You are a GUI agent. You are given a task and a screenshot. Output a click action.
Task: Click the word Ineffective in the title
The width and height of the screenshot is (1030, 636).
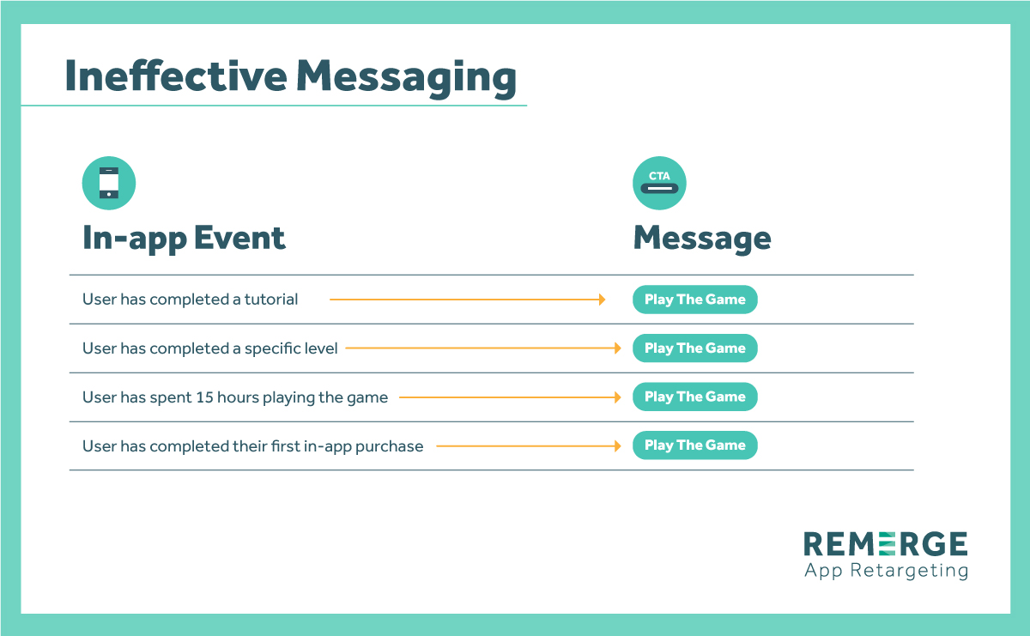click(176, 76)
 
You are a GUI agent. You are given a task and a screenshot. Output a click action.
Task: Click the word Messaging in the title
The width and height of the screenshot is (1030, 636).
click(407, 78)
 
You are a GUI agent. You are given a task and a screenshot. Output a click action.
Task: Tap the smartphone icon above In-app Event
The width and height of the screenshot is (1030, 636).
click(109, 183)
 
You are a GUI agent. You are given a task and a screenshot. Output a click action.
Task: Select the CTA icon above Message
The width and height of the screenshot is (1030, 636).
click(659, 183)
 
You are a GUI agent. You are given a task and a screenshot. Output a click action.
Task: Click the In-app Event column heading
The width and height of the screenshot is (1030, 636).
click(184, 239)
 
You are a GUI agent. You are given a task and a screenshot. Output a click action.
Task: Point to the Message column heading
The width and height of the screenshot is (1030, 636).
click(702, 239)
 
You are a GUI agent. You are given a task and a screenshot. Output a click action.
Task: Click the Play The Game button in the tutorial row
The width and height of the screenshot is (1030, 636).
click(694, 300)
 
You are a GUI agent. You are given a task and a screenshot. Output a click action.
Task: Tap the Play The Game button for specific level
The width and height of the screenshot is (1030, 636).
click(694, 348)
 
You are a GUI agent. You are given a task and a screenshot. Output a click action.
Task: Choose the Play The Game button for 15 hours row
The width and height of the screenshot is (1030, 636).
click(694, 397)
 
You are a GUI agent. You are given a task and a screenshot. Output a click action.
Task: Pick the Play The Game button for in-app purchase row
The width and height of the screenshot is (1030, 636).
click(694, 445)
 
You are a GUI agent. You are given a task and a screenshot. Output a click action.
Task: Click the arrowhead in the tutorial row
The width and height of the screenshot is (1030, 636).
click(602, 300)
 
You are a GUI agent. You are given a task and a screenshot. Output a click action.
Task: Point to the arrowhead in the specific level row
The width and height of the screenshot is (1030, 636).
click(617, 348)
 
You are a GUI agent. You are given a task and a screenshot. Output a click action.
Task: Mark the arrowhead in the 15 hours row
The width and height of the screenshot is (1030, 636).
click(617, 397)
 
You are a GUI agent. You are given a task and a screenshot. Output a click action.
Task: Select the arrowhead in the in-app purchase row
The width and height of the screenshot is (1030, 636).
click(617, 446)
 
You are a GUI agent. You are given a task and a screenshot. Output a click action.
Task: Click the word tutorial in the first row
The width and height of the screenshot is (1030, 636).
click(271, 300)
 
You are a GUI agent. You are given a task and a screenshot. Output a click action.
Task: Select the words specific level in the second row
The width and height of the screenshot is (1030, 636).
click(291, 349)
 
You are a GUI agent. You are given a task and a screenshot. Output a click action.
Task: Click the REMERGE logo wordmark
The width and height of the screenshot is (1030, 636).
click(886, 544)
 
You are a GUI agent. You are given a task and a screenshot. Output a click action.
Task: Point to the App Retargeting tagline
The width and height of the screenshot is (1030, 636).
click(886, 571)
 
